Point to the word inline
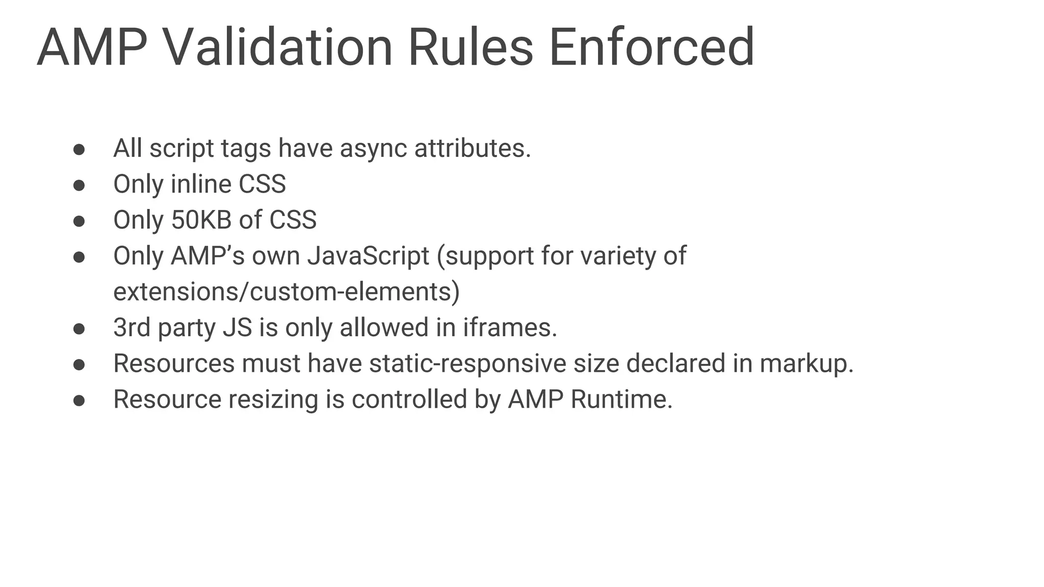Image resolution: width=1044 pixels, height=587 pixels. [x=201, y=184]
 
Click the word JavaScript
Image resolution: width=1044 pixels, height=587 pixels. [x=368, y=256]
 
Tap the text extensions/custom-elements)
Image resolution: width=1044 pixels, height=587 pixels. [x=286, y=292]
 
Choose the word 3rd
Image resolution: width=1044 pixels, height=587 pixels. [x=132, y=327]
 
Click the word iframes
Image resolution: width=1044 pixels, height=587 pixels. [x=510, y=327]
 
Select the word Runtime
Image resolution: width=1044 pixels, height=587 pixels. [x=621, y=399]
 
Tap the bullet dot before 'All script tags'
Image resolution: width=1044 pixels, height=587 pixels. [x=79, y=149]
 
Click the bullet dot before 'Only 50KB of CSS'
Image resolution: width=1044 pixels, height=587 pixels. [x=79, y=221]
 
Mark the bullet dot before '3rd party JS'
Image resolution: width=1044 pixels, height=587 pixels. [x=79, y=328]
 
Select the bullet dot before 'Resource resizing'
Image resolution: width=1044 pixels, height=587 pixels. [x=79, y=400]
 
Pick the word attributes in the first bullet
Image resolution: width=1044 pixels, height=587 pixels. [x=473, y=149]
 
